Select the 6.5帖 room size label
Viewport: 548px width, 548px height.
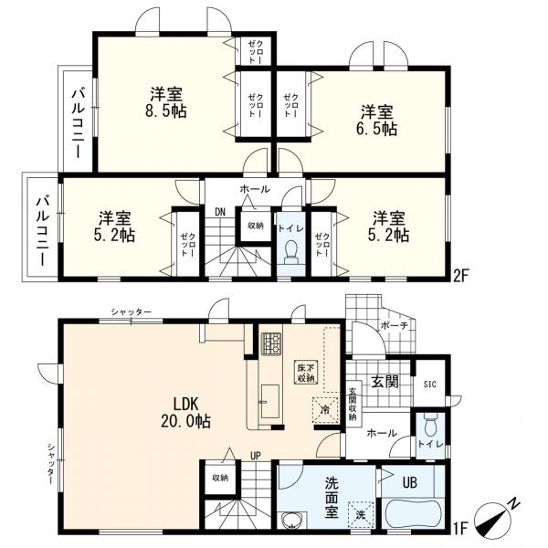click(x=377, y=129)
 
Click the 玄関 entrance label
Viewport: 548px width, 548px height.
click(x=385, y=382)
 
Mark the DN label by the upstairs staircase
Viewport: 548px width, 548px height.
click(x=219, y=213)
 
